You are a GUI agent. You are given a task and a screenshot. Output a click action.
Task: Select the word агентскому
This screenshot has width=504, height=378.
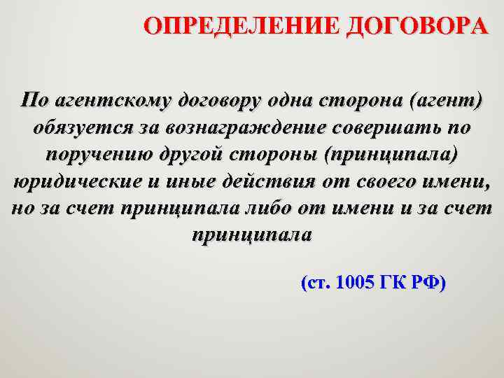(x=108, y=100)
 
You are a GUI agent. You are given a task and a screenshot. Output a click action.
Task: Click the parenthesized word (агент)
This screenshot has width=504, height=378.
(x=439, y=100)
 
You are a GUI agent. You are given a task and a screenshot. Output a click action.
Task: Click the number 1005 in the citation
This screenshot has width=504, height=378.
(x=355, y=283)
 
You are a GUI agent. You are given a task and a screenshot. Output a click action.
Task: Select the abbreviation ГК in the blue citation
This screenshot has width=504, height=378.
(x=393, y=283)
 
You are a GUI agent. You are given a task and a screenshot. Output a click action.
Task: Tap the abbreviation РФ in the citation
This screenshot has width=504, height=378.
(x=428, y=283)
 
